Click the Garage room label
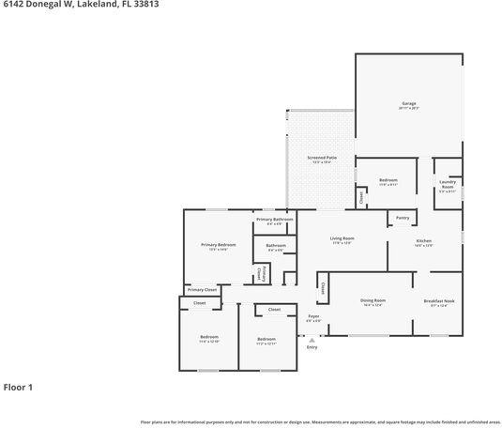pos(408,104)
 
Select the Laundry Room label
pos(447,185)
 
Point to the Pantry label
pos(402,218)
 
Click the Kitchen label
pos(423,241)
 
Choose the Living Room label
pos(342,239)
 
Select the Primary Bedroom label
pos(218,245)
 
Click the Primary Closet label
pos(202,290)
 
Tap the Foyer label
pos(314,316)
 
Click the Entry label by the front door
pos(312,347)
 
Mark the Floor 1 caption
pos(18,387)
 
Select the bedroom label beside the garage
pos(388,180)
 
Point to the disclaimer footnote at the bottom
pos(320,422)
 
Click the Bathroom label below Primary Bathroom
pos(276,246)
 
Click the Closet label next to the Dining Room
pos(322,287)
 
